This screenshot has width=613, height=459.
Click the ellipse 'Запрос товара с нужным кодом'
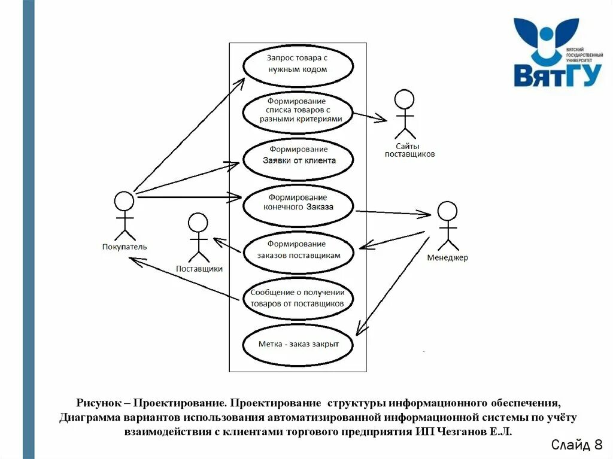298,63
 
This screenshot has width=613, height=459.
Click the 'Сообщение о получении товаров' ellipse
298,298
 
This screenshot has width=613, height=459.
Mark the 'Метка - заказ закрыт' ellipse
298,344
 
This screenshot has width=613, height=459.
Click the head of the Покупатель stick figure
124,201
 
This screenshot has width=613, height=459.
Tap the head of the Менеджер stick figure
447,211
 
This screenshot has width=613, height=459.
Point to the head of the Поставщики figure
198,223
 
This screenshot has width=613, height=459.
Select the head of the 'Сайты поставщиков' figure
405,99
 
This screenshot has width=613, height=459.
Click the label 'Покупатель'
125,247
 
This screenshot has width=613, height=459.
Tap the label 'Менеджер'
448,258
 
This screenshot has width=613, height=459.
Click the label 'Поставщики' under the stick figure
199,269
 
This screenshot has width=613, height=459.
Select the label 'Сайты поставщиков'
409,150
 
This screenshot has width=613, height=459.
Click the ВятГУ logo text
557,74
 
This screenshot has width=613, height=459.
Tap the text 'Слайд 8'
576,445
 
